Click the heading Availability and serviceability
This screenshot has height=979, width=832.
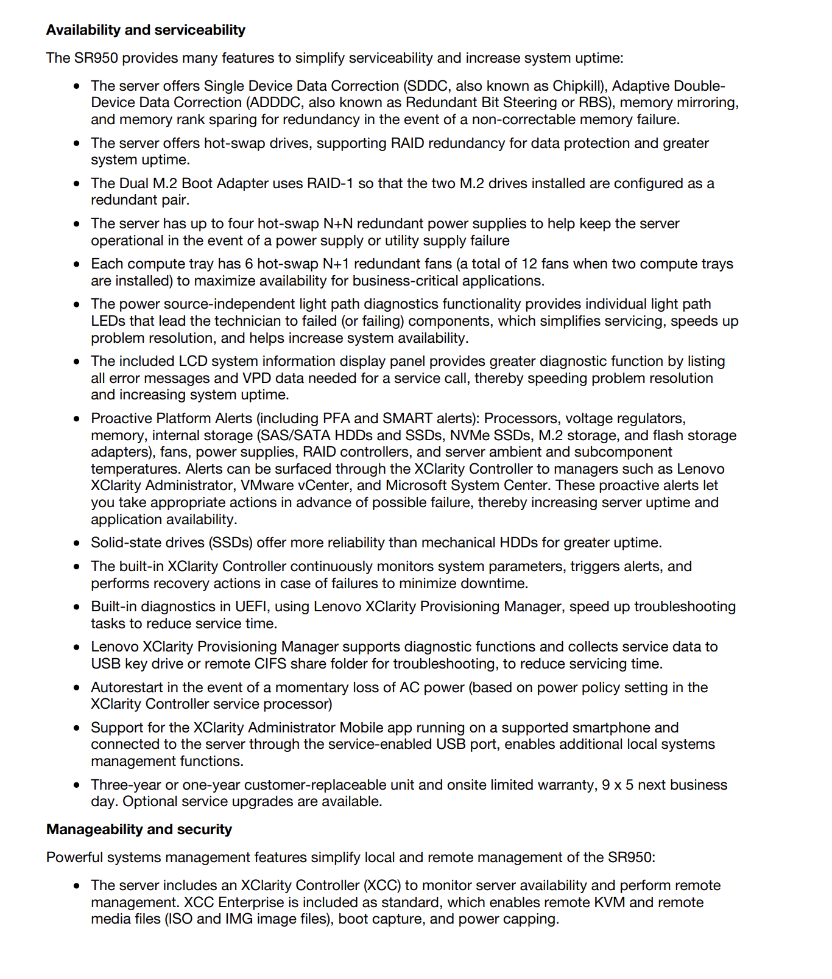pos(146,30)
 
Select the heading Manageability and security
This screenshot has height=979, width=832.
pos(139,829)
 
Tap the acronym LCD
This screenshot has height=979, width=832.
pos(193,361)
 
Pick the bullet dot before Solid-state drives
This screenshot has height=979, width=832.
pos(76,543)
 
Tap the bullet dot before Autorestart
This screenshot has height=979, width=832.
pos(76,688)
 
